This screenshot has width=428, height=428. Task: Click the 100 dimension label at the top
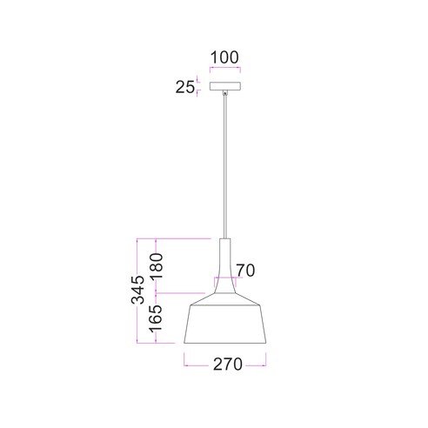pyautogui.click(x=224, y=57)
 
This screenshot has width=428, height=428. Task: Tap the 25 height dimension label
pyautogui.click(x=185, y=87)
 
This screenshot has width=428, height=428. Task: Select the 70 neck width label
pyautogui.click(x=245, y=271)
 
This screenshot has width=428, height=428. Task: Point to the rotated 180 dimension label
pyautogui.click(x=157, y=265)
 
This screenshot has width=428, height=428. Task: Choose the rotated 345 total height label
pyautogui.click(x=137, y=290)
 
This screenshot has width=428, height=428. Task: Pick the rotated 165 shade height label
pyautogui.click(x=155, y=318)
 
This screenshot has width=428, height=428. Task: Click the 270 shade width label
pyautogui.click(x=228, y=364)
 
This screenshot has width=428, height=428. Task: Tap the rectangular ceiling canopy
pyautogui.click(x=225, y=86)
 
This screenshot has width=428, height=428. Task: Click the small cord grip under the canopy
pyautogui.click(x=224, y=93)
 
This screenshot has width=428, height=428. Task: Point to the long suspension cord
pyautogui.click(x=224, y=167)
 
